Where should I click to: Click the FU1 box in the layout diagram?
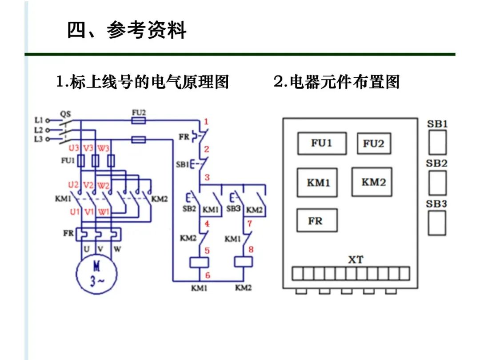point(322,143)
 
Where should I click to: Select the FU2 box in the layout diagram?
point(374,143)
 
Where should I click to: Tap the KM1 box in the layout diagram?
point(318,182)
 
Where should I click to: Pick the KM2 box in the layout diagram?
point(372,182)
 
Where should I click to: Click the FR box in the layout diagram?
point(316,220)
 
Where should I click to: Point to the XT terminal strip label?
point(355,260)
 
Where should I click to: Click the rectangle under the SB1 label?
point(437,142)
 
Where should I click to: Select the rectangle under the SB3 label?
point(437,223)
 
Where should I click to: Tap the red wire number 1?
point(206,121)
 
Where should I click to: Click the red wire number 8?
point(251,249)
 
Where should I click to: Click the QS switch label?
point(65,114)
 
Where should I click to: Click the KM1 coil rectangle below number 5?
point(199,262)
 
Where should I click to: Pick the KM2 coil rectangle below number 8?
point(243,261)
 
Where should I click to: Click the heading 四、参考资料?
point(127,31)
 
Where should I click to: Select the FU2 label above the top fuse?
point(139,112)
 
